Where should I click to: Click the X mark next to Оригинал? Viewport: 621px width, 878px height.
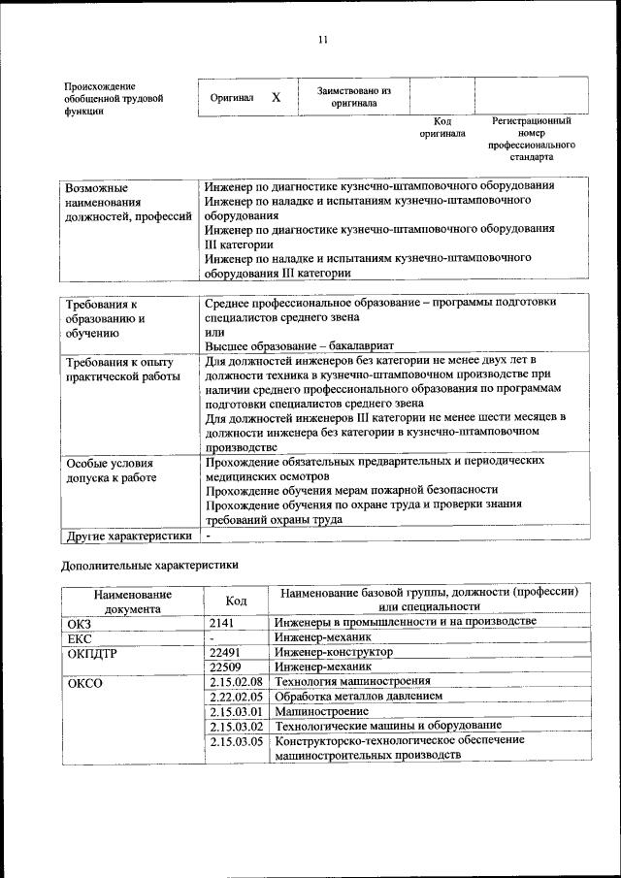pos(276,98)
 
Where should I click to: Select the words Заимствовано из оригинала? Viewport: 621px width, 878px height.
pos(353,97)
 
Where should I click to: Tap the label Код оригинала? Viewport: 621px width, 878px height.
pos(442,127)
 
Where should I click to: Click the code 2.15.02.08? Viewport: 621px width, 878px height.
pos(236,683)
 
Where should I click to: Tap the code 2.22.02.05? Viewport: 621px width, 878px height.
pos(236,698)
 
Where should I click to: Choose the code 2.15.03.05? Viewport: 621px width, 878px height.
pos(236,740)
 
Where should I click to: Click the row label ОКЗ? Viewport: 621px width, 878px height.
pos(79,622)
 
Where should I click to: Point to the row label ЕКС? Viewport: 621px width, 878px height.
pos(78,637)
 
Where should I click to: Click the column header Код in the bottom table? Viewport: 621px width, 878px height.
pos(236,601)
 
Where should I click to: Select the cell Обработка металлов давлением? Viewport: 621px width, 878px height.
pos(358,698)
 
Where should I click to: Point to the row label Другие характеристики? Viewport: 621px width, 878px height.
pos(128,535)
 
